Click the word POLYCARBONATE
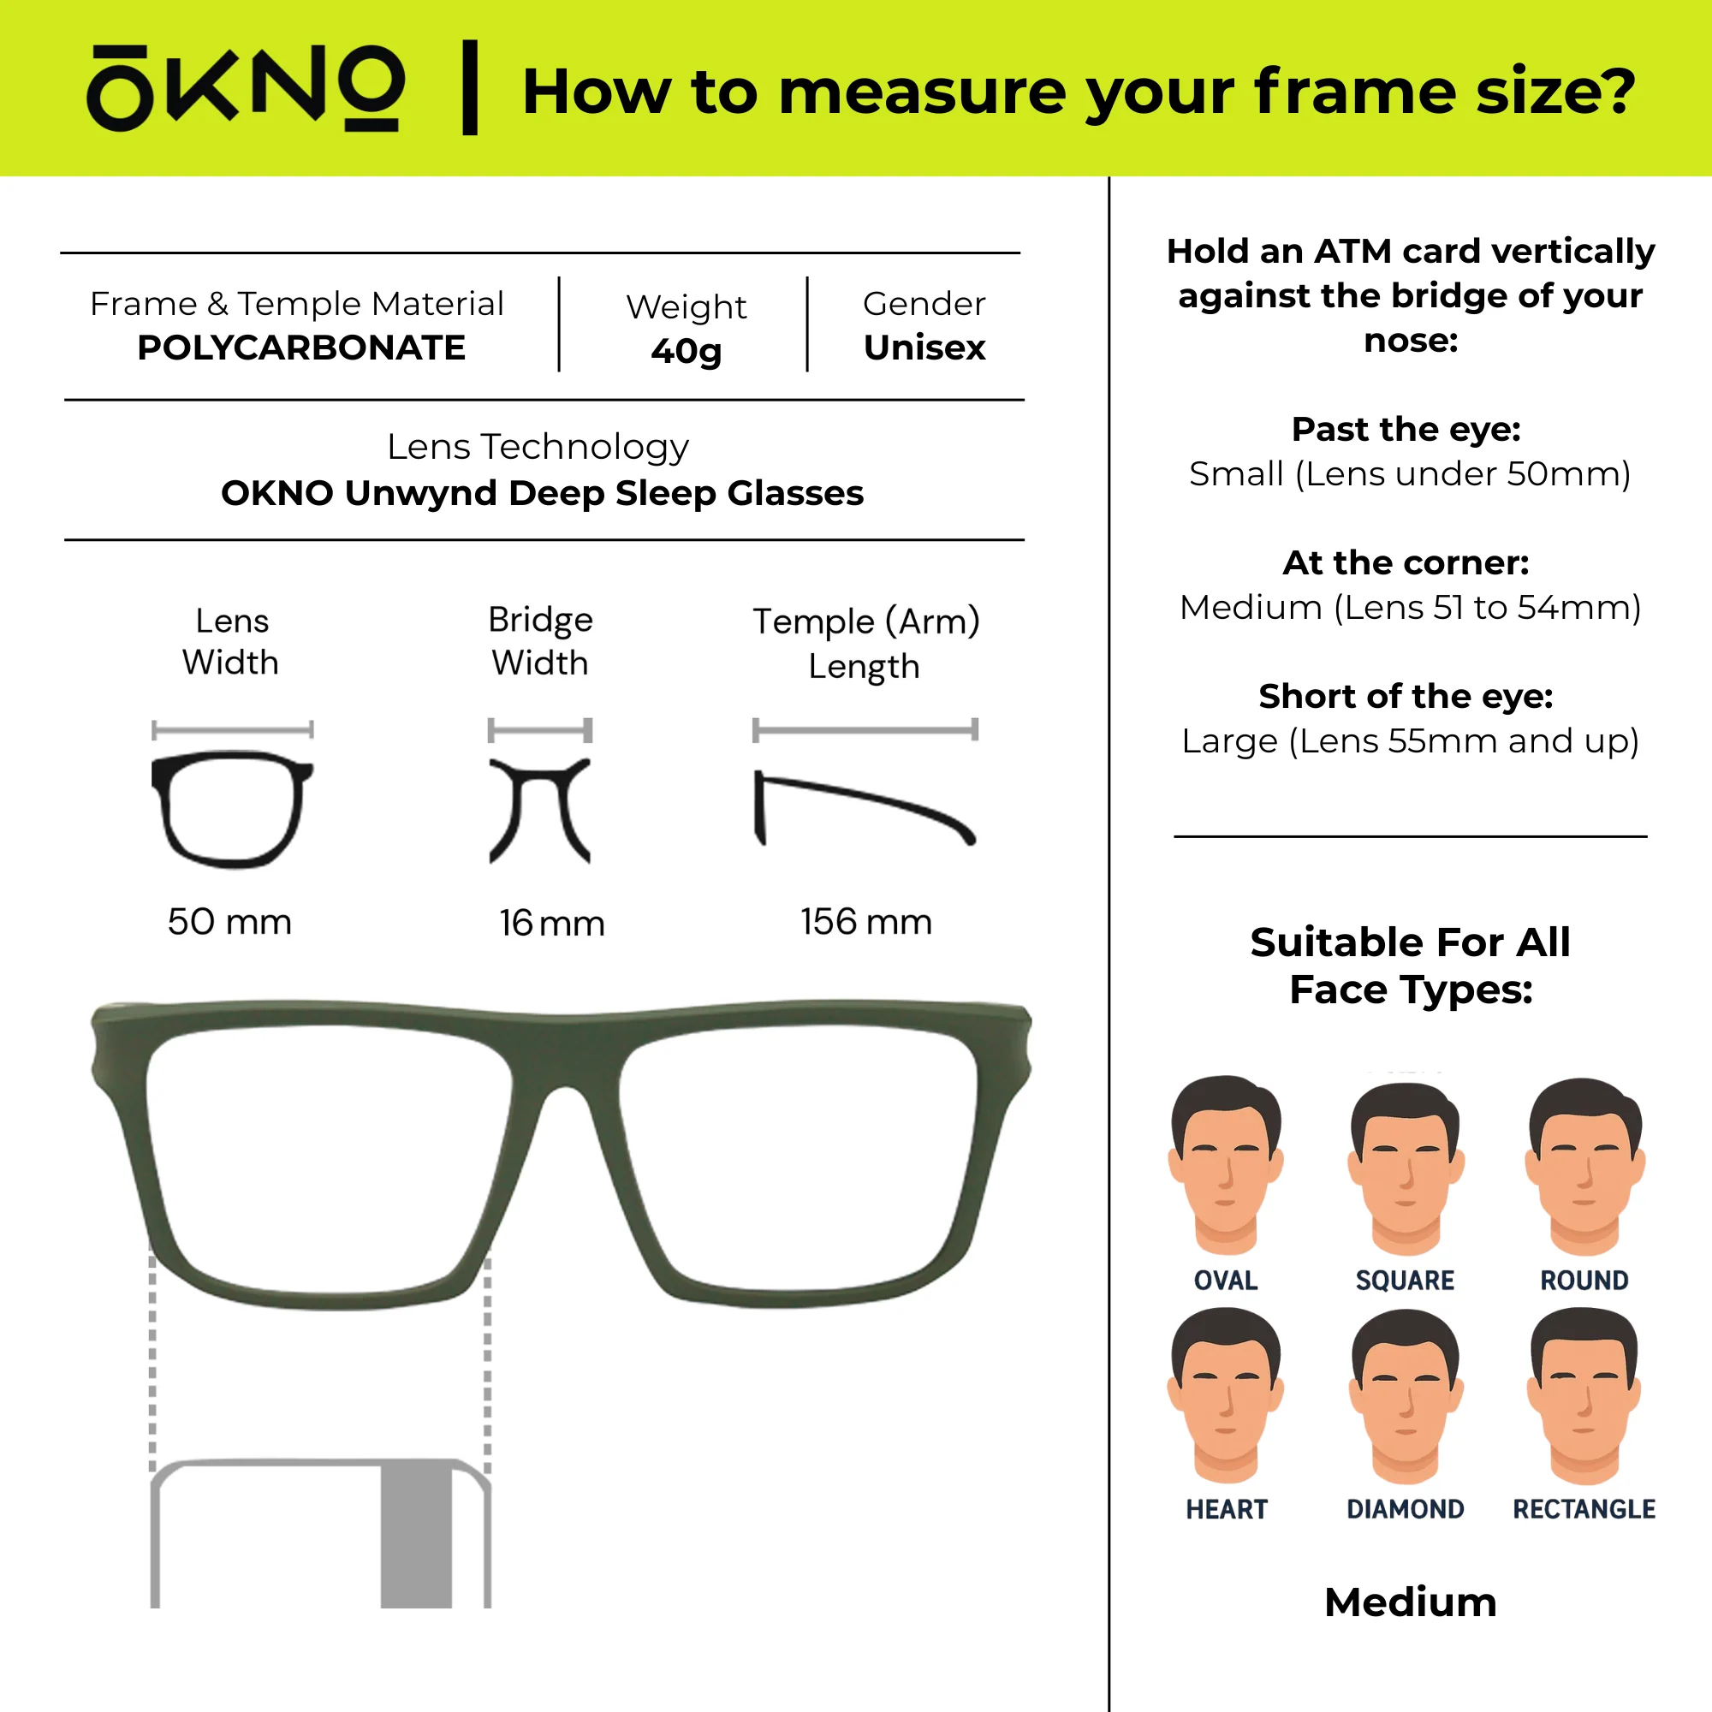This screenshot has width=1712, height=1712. (301, 348)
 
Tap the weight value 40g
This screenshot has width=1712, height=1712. (686, 351)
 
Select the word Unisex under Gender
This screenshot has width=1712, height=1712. (924, 348)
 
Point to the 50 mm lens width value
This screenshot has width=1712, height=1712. (229, 922)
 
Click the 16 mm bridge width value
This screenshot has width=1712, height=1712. (551, 924)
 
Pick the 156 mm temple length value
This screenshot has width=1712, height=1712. (865, 922)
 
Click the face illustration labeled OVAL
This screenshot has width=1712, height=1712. (1226, 1165)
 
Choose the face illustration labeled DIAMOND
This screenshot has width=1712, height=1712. (1406, 1398)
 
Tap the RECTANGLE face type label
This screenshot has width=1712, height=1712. (1584, 1509)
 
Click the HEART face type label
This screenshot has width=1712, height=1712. (1227, 1509)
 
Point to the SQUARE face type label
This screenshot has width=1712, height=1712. (1405, 1281)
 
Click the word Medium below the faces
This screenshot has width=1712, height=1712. (1410, 1602)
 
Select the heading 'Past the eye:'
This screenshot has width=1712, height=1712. (1406, 429)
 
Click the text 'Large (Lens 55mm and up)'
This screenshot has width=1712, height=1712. (1410, 740)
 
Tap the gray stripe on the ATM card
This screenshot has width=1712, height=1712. (417, 1536)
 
